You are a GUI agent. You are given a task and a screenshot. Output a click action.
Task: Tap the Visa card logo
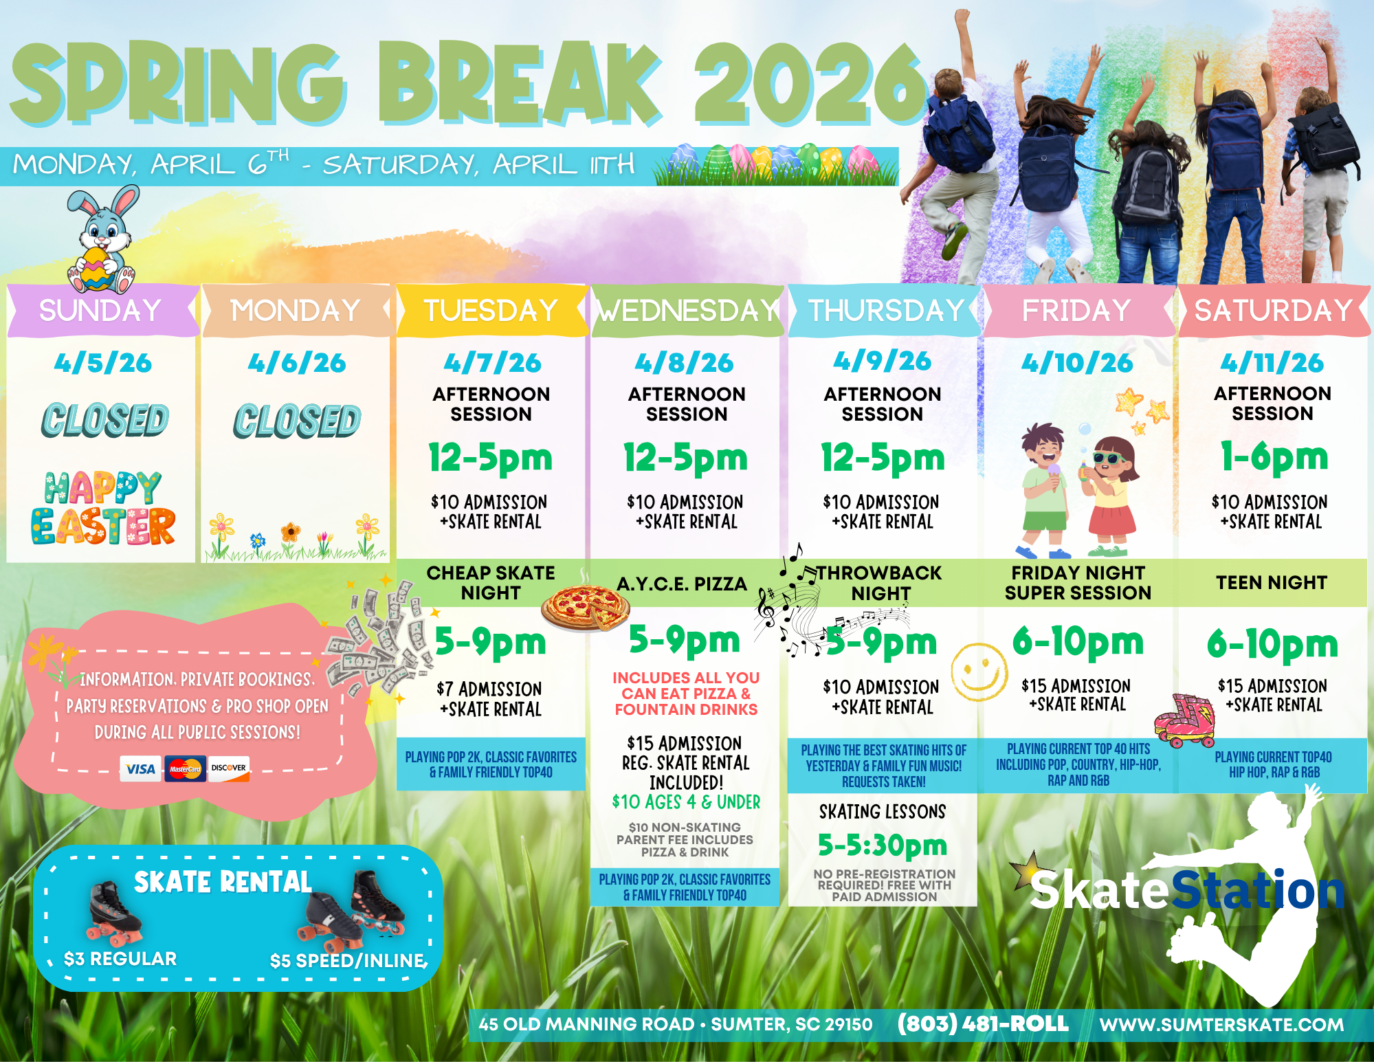140,768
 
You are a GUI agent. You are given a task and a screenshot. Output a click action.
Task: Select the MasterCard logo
185,768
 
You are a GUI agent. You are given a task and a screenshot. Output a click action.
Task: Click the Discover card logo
229,768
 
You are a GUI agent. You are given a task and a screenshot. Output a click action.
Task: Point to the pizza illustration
585,608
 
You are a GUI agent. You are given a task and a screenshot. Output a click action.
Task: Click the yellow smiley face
979,672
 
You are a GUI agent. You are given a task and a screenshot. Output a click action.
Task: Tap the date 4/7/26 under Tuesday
492,363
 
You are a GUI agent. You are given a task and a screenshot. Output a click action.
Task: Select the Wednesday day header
687,311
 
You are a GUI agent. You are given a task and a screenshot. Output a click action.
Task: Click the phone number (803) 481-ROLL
983,1024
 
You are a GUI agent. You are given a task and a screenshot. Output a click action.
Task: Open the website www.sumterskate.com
1221,1024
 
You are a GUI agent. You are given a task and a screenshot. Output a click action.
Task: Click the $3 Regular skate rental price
120,958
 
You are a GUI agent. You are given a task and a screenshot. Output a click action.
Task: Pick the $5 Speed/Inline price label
348,960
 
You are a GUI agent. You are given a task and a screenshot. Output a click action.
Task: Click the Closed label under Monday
297,421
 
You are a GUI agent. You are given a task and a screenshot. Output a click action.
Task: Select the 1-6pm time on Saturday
1274,457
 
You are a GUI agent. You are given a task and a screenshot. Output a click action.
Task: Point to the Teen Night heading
1272,583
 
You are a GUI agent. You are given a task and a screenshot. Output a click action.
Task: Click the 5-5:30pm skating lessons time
883,845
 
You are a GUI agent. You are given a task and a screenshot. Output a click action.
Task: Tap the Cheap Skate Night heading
491,583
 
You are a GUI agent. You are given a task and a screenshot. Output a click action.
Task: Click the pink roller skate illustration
1185,720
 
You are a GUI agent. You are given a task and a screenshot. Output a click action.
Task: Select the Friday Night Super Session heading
1078,583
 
